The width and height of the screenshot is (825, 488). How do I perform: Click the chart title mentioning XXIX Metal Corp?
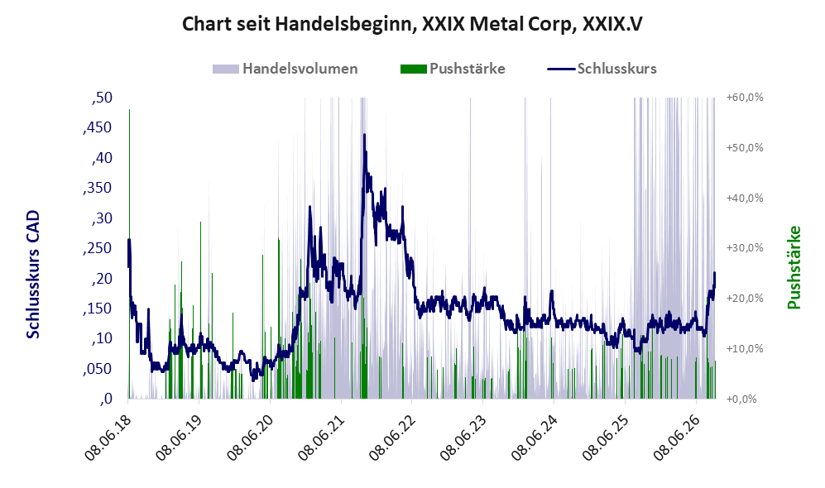click(412, 24)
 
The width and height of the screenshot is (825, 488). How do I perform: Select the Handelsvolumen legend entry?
click(285, 69)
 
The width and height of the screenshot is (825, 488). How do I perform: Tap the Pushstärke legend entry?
click(453, 69)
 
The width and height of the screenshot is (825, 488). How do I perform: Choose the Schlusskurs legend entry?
click(602, 69)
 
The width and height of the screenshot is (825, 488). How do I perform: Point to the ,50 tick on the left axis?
click(102, 98)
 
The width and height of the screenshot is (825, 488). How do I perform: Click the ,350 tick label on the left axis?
click(98, 189)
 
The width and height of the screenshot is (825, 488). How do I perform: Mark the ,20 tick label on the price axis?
click(102, 279)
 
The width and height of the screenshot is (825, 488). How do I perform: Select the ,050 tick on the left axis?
click(98, 369)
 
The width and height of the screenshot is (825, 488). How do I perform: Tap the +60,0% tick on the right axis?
click(745, 98)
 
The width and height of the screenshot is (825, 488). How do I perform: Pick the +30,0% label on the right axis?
click(745, 248)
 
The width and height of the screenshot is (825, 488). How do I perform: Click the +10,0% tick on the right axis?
click(745, 349)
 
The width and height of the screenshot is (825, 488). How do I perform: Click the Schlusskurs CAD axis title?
click(33, 275)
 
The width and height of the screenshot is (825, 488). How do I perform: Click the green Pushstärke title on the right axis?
click(794, 268)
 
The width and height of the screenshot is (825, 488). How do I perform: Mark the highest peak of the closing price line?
click(364, 135)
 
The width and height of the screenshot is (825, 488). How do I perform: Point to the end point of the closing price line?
click(714, 273)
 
